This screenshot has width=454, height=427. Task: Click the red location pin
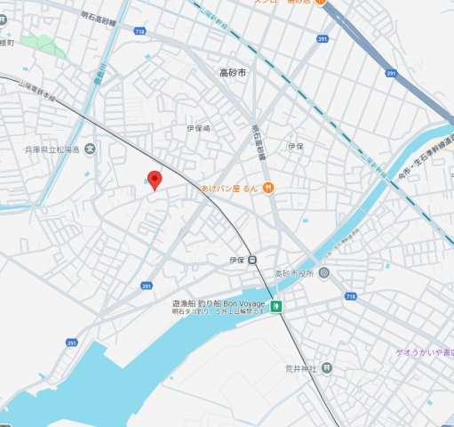(x=155, y=180)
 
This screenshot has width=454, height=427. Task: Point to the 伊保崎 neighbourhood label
(x=198, y=129)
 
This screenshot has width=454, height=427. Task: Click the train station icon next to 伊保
(x=252, y=260)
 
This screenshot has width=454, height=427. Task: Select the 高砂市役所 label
(x=295, y=272)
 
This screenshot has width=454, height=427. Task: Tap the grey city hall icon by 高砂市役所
(x=324, y=272)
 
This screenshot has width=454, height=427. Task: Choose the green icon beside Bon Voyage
(x=277, y=307)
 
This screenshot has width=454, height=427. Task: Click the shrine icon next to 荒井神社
(x=328, y=367)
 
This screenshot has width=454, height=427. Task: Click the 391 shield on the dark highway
(x=391, y=73)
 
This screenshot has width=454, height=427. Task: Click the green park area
(x=44, y=44)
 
